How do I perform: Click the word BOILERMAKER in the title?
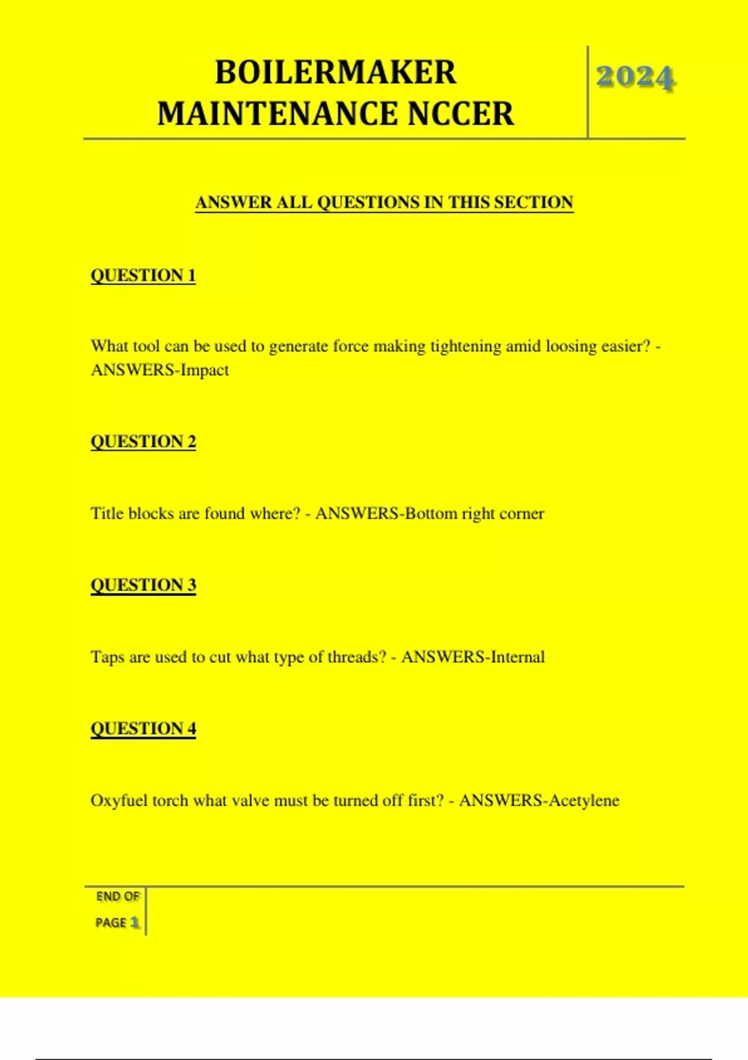coord(335,72)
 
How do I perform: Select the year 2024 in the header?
coord(635,78)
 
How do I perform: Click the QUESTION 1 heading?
coord(143,276)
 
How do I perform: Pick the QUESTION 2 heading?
coord(143,441)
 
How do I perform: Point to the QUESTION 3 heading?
coord(143,585)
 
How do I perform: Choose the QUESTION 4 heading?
coord(143,728)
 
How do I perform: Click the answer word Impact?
coord(204,370)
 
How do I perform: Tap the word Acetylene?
coord(584,801)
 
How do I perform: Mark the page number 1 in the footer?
coord(135,922)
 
